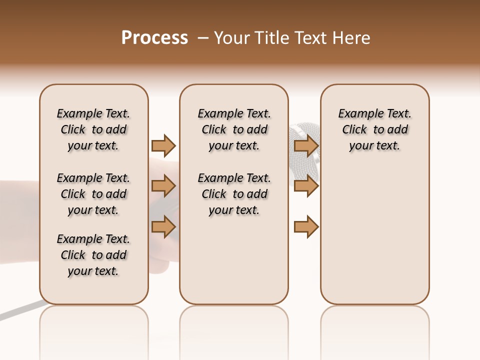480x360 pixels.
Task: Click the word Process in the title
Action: [x=154, y=38]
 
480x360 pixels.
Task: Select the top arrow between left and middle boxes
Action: [x=163, y=145]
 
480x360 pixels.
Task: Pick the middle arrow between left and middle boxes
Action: [x=163, y=186]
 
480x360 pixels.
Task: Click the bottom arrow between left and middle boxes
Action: [x=163, y=227]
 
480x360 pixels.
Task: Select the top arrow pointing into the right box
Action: [x=306, y=145]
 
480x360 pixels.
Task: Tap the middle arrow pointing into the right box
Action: [x=306, y=186]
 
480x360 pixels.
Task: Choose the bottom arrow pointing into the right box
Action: [x=306, y=227]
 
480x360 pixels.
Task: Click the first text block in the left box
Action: [x=93, y=129]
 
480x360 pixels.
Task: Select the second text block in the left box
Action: [x=93, y=194]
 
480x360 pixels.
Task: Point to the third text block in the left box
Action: [x=93, y=255]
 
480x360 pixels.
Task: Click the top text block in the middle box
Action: [x=234, y=129]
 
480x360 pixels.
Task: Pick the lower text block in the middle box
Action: [x=234, y=194]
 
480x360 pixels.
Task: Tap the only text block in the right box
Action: [x=374, y=129]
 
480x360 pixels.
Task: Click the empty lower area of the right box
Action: [x=374, y=235]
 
